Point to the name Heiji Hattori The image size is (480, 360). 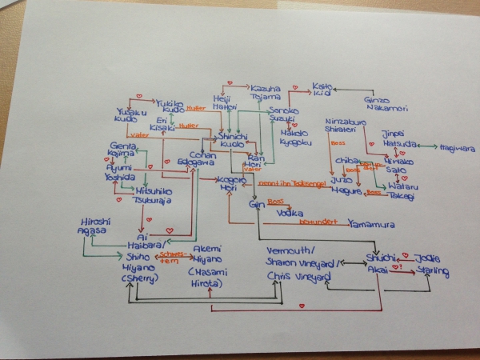pos(226,103)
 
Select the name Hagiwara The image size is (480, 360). pos(456,148)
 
